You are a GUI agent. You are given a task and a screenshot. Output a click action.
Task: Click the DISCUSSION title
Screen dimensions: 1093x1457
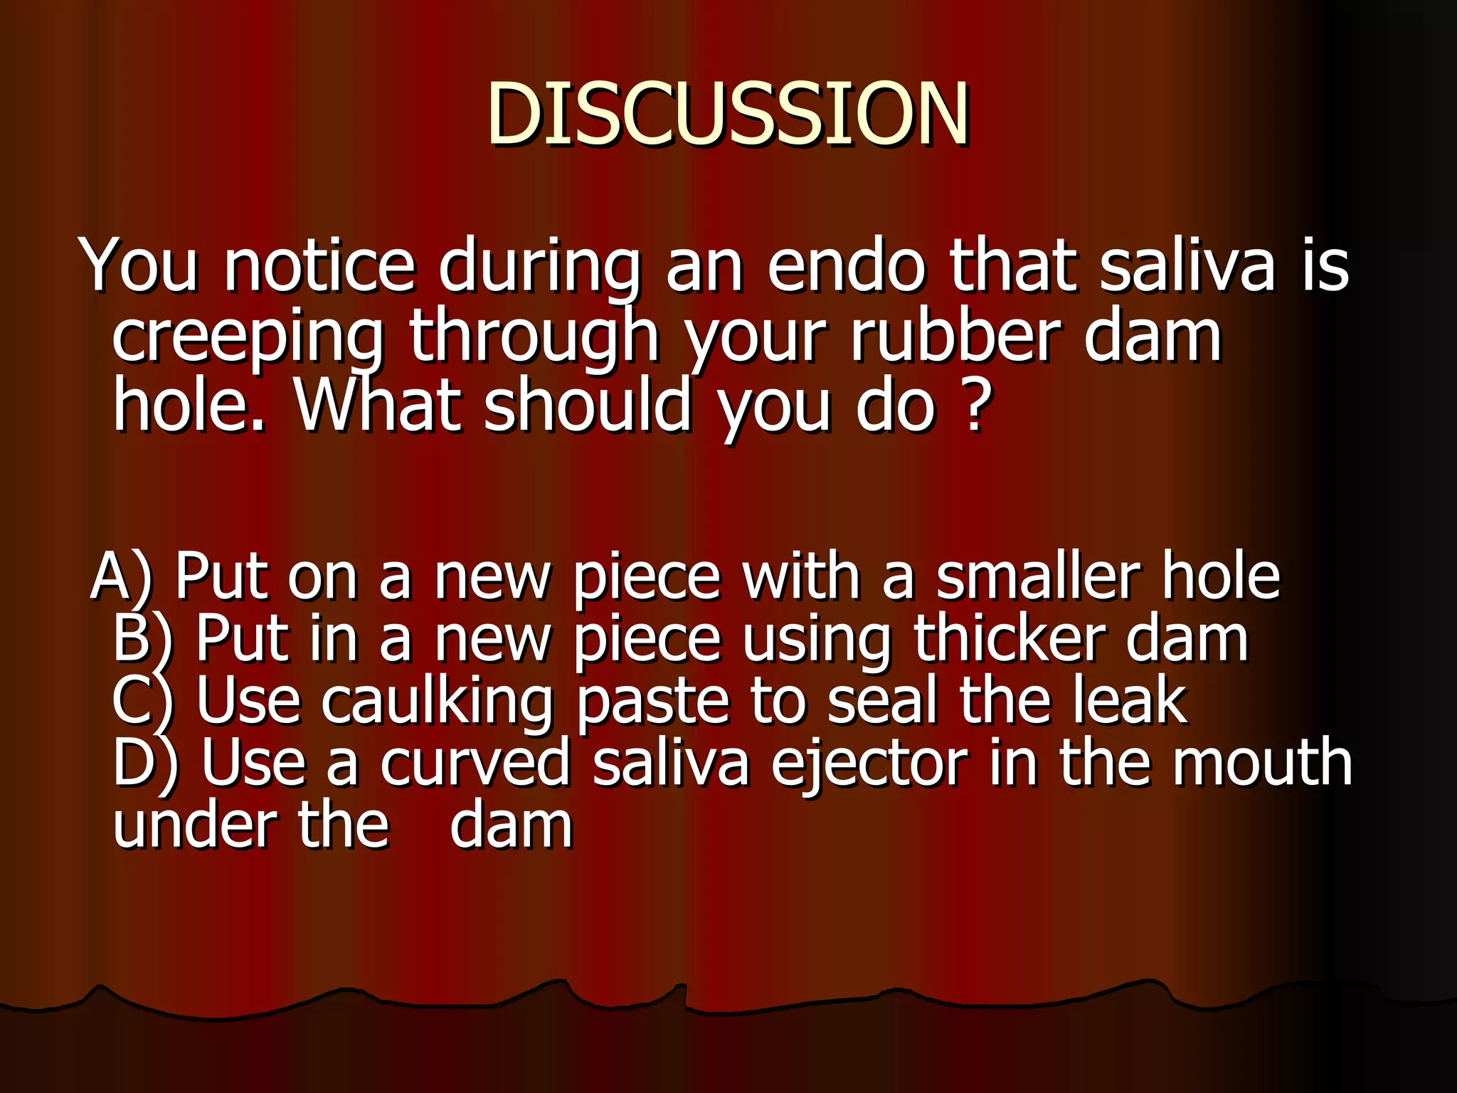727,114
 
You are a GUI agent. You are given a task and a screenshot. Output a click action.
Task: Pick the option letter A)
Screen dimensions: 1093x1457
121,576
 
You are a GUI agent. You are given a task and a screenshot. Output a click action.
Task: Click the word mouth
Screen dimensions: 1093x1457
1262,763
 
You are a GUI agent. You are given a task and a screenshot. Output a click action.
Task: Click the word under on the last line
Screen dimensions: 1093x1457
194,825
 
